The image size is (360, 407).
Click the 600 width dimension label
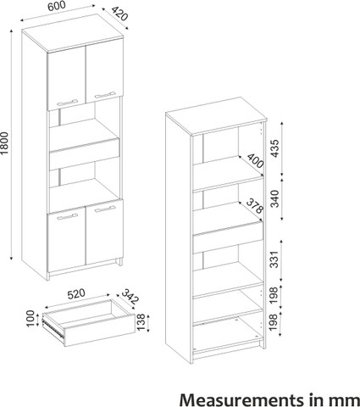(57, 6)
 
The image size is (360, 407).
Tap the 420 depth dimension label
(119, 14)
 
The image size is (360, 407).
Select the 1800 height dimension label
(5, 143)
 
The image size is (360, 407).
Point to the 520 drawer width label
(76, 293)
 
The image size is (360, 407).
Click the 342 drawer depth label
(130, 297)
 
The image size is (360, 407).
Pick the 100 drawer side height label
(30, 319)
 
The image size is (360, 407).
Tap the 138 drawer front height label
(141, 322)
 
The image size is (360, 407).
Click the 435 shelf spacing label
(274, 148)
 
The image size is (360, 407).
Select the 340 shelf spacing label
(274, 198)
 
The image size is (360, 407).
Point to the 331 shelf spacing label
(274, 259)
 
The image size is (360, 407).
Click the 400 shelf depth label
(256, 161)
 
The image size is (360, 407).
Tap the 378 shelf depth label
(255, 206)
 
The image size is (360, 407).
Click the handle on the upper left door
(67, 102)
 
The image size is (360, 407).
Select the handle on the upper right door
(105, 95)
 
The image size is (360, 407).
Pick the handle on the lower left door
(67, 216)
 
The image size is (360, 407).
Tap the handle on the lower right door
(105, 209)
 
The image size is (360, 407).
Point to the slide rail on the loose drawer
(53, 329)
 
